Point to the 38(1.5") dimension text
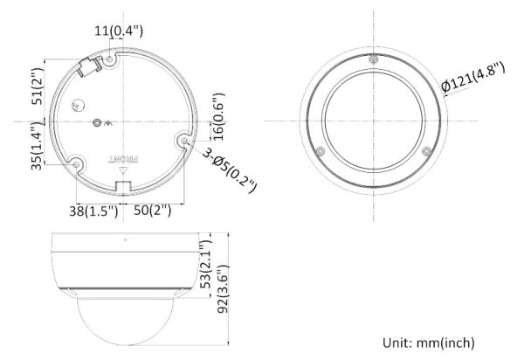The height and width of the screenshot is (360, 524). (93, 211)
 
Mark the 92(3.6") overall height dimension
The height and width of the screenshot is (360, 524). (224, 284)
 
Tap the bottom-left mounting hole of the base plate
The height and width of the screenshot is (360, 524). (78, 163)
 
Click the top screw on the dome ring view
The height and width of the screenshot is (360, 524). (373, 60)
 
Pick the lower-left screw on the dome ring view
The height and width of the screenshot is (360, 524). (321, 151)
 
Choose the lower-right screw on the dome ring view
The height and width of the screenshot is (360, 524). (426, 151)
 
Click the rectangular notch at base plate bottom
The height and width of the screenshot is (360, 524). (122, 185)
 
